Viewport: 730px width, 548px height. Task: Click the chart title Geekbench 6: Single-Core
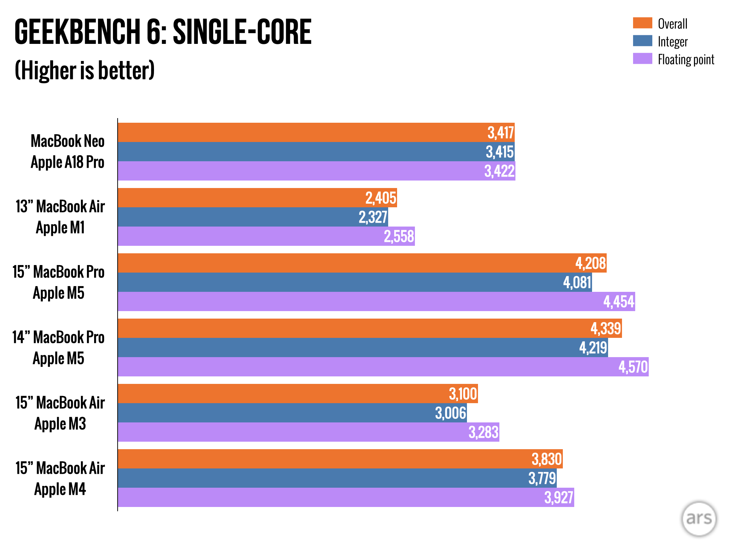(163, 32)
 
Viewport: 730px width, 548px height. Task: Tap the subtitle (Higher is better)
(84, 70)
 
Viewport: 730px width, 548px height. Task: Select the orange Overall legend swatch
(642, 23)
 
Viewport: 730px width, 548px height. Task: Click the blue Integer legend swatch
(642, 41)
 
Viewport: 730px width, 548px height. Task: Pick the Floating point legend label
(686, 60)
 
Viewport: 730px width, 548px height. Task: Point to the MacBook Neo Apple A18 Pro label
(67, 152)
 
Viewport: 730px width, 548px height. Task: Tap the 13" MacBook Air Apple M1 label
(60, 217)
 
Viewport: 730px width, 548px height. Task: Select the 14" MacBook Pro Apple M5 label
(58, 348)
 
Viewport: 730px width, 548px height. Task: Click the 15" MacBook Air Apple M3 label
(60, 413)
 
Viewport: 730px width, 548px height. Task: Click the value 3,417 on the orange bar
(500, 133)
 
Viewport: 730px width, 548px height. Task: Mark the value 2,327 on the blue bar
(373, 217)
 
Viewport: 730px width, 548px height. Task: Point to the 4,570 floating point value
(633, 367)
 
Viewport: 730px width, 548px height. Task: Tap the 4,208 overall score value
(591, 263)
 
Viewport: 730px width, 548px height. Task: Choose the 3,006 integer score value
(451, 413)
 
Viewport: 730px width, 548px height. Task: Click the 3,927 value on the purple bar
(559, 498)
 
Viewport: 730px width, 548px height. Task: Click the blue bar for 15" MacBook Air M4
(321, 478)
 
